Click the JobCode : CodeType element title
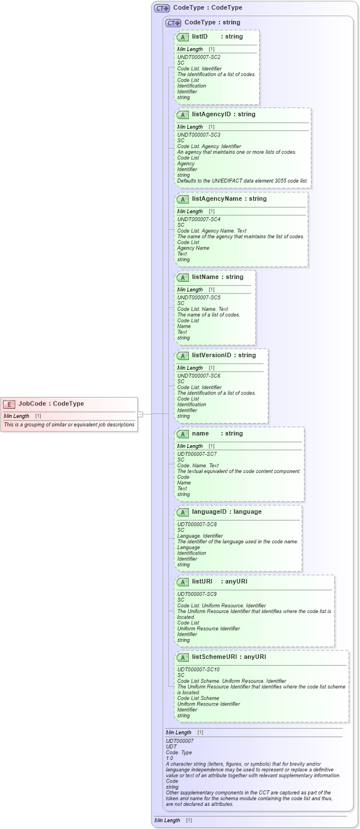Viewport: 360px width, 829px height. tap(51, 404)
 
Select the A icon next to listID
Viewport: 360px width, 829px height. tap(183, 37)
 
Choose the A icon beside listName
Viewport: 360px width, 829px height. tap(183, 278)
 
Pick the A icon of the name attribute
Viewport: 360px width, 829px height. tap(183, 434)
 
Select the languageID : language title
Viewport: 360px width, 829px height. tap(226, 512)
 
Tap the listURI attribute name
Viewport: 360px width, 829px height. tap(202, 582)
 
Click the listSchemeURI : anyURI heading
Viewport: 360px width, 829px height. tap(228, 657)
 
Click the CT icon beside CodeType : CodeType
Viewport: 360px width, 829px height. tap(162, 8)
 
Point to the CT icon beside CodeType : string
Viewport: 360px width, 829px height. tap(173, 23)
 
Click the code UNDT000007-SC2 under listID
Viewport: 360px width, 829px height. tap(198, 57)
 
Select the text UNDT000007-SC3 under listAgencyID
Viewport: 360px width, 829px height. tap(198, 135)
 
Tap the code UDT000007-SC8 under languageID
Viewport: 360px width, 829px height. tap(197, 525)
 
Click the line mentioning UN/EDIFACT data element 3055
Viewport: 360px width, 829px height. tap(242, 181)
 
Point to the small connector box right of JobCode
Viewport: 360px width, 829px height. tap(140, 414)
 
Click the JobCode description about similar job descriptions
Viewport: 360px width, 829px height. tap(69, 424)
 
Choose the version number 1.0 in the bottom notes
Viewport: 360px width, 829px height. tap(170, 758)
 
